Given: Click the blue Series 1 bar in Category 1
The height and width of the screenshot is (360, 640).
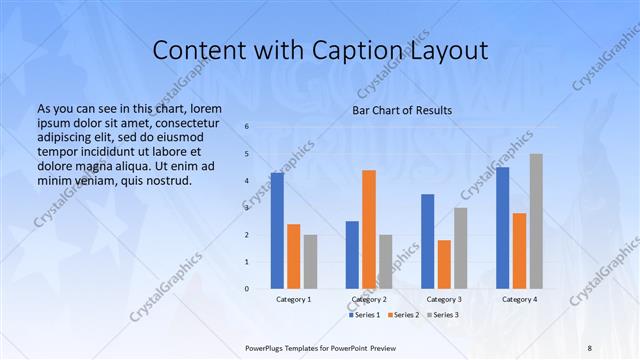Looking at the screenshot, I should click(x=277, y=231).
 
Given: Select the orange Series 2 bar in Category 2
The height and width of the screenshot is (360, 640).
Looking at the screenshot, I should click(x=369, y=229).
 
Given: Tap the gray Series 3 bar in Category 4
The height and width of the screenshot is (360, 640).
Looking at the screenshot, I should click(x=536, y=221).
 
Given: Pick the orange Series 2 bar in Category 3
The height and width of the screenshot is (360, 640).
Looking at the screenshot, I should click(x=444, y=264).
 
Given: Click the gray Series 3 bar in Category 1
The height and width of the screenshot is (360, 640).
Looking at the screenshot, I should click(x=310, y=262).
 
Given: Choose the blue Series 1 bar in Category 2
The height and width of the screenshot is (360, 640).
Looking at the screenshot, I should click(x=352, y=255).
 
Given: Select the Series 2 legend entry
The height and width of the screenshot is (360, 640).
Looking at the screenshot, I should click(x=403, y=316).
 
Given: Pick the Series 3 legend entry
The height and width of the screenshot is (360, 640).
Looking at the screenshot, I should click(x=441, y=316).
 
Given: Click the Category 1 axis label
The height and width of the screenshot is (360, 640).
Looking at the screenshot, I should click(x=293, y=299).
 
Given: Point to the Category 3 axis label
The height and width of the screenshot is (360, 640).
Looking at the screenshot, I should click(x=444, y=299).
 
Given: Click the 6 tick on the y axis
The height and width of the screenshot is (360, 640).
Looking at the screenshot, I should click(x=247, y=127).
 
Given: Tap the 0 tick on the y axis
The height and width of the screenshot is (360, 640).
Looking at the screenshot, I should click(x=247, y=289).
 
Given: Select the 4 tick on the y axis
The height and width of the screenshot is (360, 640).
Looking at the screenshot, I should click(x=247, y=181).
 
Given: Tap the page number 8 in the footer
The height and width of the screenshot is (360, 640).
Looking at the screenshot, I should click(x=589, y=346).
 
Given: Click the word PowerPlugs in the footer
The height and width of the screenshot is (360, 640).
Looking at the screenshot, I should click(x=268, y=346).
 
